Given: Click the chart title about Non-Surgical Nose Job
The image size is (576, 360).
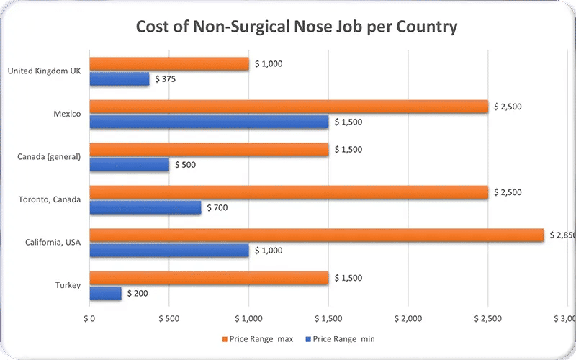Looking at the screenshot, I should [297, 27].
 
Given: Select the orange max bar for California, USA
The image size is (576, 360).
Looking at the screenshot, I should [317, 235].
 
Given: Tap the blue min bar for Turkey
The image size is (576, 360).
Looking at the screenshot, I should [106, 293].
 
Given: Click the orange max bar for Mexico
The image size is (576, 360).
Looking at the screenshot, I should [289, 107].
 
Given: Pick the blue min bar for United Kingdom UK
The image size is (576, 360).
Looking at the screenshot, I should [120, 78].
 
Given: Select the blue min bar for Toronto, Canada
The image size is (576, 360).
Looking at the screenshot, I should [145, 207].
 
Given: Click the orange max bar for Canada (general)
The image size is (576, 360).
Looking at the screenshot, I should [209, 150].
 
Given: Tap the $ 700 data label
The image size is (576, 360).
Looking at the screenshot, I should [218, 207].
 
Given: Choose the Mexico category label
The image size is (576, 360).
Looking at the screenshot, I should [67, 114].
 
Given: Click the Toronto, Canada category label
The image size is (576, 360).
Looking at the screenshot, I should [53, 200].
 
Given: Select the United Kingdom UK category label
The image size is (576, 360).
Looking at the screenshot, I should [45, 71].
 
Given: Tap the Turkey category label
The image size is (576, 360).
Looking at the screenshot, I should [68, 286].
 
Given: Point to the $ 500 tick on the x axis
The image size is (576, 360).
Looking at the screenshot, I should [168, 318].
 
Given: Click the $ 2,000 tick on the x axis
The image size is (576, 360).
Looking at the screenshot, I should [408, 318].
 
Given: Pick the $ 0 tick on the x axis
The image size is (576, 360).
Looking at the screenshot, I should [89, 318].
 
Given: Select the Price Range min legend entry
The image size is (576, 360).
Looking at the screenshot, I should [341, 338].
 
